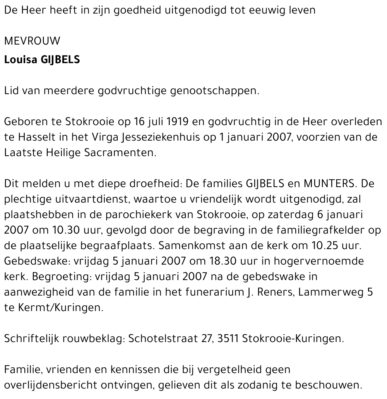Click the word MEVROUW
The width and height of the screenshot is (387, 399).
click(33, 41)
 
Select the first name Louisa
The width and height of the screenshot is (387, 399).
click(21, 60)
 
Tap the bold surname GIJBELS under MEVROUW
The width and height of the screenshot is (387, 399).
click(60, 60)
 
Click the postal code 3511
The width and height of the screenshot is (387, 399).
click(228, 339)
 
